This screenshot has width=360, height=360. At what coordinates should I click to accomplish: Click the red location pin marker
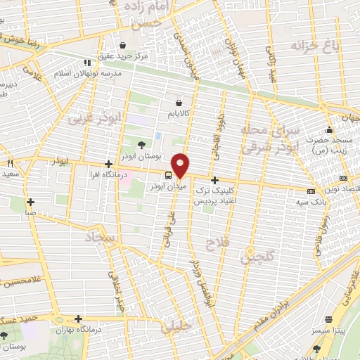click(181, 165)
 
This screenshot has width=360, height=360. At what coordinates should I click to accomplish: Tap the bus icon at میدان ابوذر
click(168, 175)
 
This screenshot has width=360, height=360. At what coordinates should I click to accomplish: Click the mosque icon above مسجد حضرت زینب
click(328, 130)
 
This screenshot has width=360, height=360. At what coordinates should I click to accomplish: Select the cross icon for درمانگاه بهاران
click(79, 318)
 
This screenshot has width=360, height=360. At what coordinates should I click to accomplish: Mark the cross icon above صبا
click(31, 202)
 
